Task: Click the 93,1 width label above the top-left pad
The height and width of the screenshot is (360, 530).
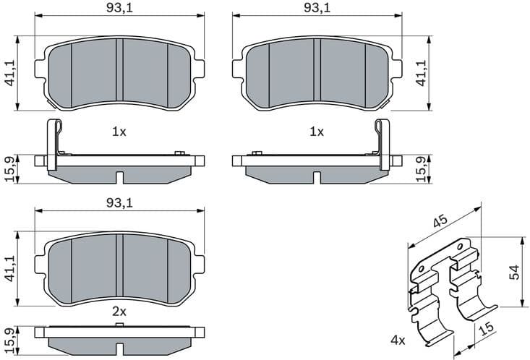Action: point(120,9)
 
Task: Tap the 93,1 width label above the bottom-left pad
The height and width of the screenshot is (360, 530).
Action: point(120,203)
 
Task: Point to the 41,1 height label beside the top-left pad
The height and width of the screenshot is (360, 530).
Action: point(11,73)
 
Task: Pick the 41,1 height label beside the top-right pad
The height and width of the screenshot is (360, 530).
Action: point(421,73)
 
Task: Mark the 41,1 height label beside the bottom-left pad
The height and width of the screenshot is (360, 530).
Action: point(11,267)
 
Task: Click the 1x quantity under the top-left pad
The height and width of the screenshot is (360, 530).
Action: point(119,132)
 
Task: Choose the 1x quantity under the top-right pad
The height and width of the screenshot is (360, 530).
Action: point(316,132)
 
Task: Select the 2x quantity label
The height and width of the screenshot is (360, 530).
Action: point(119,312)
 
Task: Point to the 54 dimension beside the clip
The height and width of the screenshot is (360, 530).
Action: point(516,272)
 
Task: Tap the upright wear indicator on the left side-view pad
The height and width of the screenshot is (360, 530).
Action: point(53,144)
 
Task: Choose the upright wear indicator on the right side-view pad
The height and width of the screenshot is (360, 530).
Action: point(382,144)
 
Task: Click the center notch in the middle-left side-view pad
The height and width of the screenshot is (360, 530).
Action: point(120,176)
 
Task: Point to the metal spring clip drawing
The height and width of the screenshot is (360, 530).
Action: point(445,289)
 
